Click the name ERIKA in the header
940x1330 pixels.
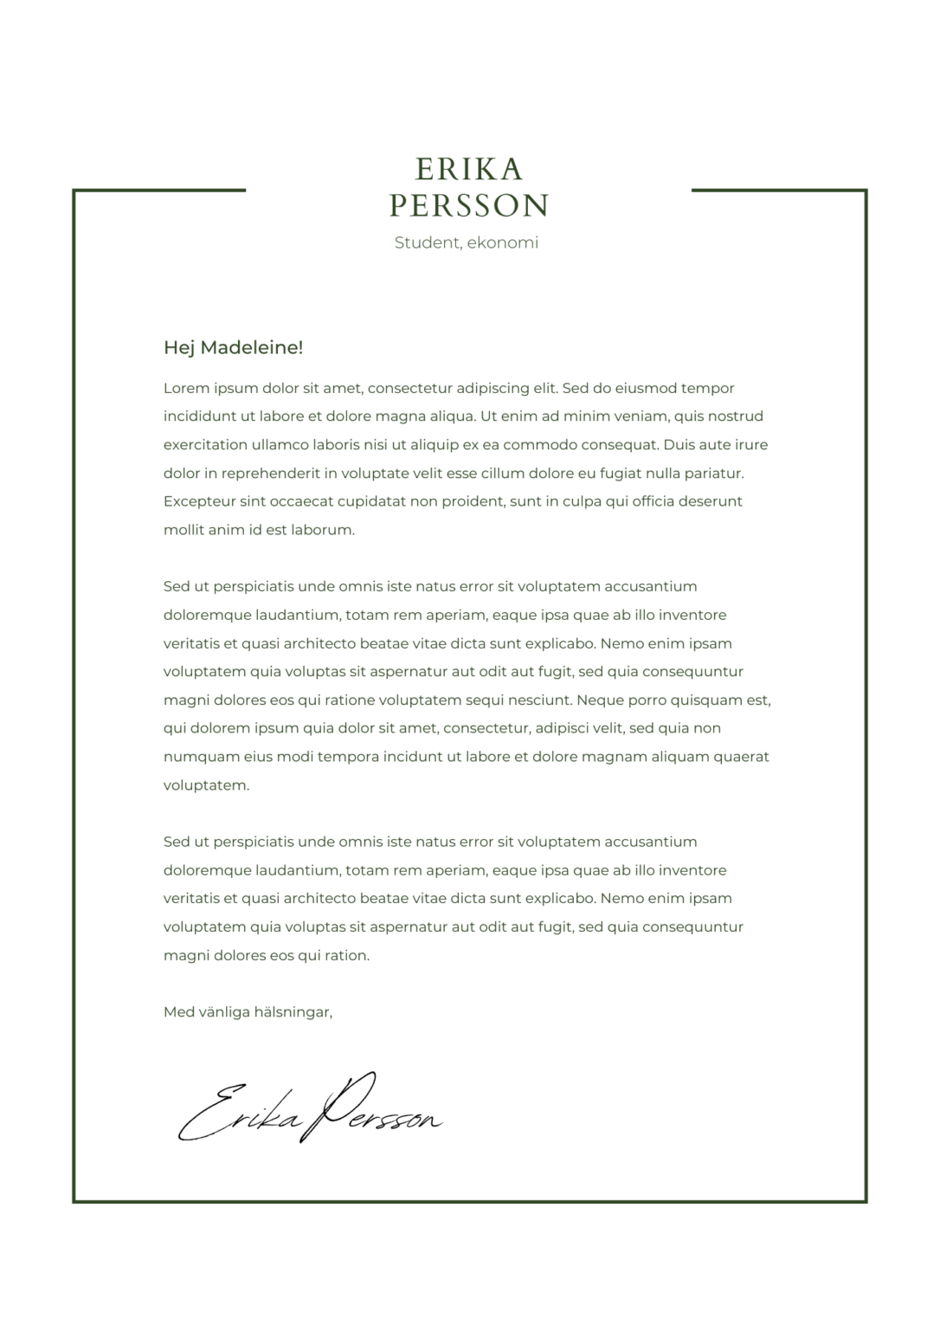click(469, 168)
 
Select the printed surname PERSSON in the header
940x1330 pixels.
click(469, 206)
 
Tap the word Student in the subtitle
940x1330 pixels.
click(427, 243)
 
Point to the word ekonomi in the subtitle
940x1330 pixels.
click(503, 243)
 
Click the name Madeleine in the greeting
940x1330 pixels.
click(252, 348)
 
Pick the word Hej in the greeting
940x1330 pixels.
click(179, 348)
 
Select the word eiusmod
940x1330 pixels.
click(643, 388)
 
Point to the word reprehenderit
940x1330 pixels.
click(270, 474)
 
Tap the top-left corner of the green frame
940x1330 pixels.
click(74, 190)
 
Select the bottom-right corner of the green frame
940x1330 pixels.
click(866, 1200)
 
